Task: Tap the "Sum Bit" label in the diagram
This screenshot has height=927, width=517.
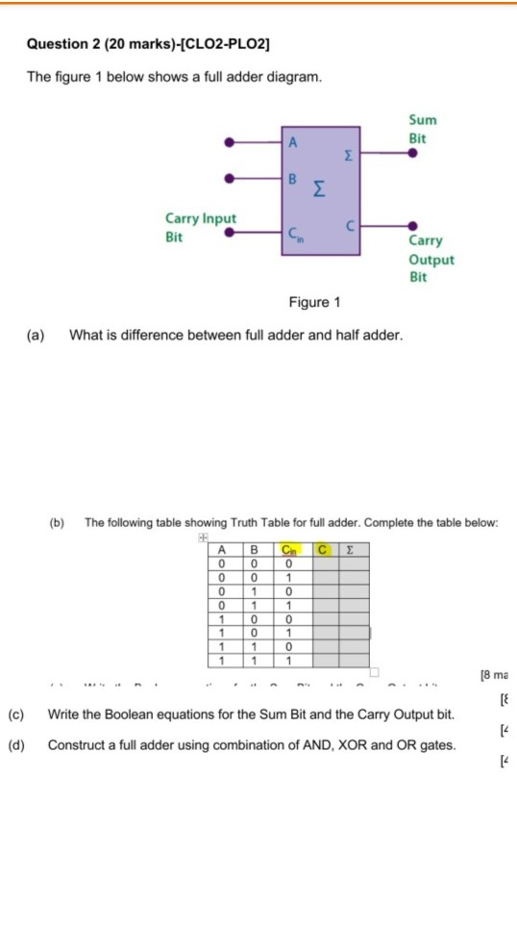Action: [x=422, y=129]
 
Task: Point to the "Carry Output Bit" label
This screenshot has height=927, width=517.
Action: [x=431, y=260]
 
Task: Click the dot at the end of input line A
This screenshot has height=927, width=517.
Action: [x=229, y=142]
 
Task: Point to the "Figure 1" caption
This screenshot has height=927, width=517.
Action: [x=314, y=303]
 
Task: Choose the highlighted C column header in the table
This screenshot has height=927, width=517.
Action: [x=323, y=549]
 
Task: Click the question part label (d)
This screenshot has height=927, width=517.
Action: [x=15, y=744]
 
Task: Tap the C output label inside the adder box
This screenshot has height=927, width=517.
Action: [x=350, y=227]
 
